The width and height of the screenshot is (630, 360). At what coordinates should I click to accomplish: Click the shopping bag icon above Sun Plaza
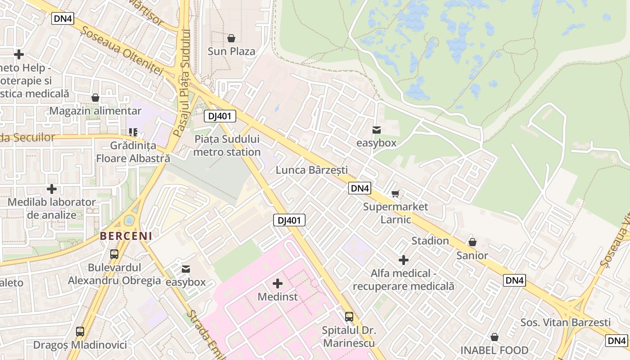click(x=231, y=38)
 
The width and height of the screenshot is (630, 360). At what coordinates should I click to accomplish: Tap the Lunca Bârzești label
click(x=312, y=170)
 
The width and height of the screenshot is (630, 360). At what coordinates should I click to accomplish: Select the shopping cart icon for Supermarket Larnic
click(x=395, y=194)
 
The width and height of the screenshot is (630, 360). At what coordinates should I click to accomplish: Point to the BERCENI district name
click(x=126, y=235)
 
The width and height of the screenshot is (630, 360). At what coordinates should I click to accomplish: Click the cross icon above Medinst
click(x=278, y=283)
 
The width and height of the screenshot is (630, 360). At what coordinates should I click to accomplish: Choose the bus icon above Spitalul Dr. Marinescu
click(x=349, y=316)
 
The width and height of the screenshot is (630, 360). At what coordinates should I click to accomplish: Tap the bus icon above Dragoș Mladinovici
click(x=80, y=332)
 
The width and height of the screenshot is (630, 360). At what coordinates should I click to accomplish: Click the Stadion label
click(x=430, y=241)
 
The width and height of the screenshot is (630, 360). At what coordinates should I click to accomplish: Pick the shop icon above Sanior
click(x=472, y=242)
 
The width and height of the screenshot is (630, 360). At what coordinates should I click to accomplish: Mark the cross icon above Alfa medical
click(x=404, y=260)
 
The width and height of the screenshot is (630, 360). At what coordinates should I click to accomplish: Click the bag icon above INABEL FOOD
click(x=495, y=337)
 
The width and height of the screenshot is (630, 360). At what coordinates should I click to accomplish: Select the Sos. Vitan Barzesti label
click(x=565, y=322)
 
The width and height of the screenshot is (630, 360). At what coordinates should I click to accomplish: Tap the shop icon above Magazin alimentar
click(x=95, y=98)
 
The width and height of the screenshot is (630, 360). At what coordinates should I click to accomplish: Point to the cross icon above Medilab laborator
click(x=52, y=189)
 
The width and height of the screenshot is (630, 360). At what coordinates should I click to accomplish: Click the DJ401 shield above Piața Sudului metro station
click(x=220, y=116)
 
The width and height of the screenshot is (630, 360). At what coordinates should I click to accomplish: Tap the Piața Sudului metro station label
click(x=227, y=146)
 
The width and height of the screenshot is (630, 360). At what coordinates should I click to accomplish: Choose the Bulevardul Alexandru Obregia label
click(x=114, y=274)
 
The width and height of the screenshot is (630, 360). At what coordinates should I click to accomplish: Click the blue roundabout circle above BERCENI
click(x=129, y=220)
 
